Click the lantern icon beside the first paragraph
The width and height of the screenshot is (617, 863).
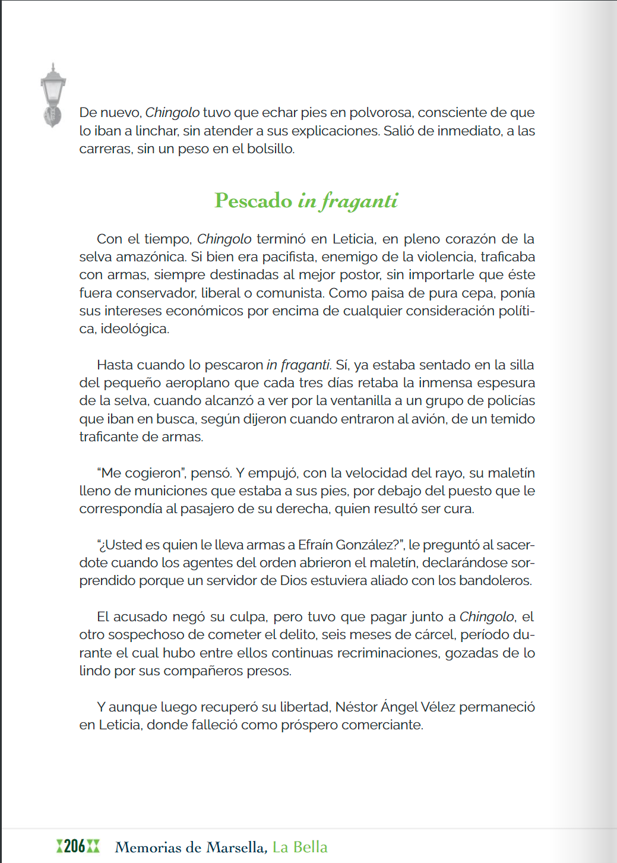pos(53,95)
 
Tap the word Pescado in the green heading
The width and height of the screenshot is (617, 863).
pos(254,201)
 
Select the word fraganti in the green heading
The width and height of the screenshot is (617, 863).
pos(359,201)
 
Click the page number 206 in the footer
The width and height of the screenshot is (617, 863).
pos(75,846)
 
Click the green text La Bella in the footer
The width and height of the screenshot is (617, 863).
pos(300,847)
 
